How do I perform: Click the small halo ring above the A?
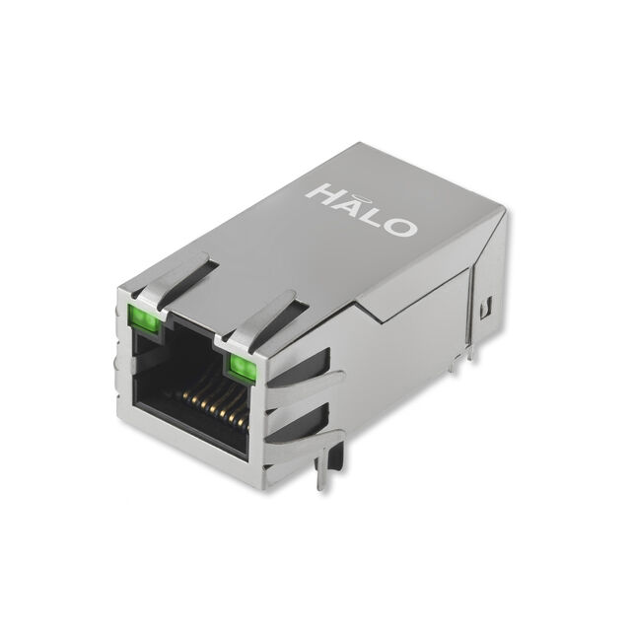pyautogui.click(x=355, y=197)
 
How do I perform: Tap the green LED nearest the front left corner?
pyautogui.click(x=143, y=318)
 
